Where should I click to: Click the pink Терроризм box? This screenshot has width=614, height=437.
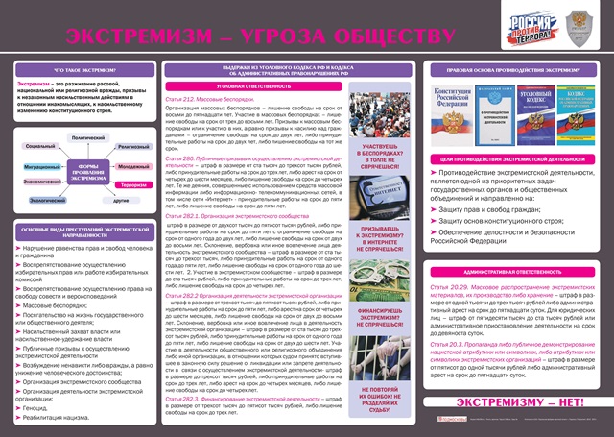(x=134, y=182)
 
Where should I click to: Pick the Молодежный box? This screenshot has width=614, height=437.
(x=133, y=165)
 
